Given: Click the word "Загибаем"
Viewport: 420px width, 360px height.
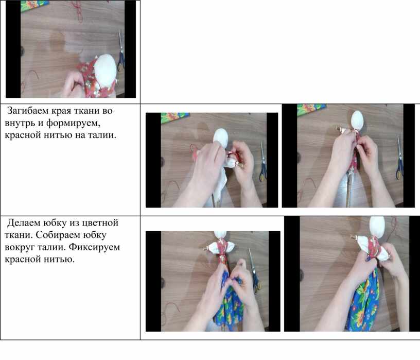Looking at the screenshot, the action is (x=28, y=110).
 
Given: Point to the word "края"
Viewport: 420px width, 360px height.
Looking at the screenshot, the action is (x=61, y=111).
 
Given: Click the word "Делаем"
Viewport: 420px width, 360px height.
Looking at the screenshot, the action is (x=24, y=222).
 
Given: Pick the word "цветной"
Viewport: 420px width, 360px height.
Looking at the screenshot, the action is (x=100, y=223).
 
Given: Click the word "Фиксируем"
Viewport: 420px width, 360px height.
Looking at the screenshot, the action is (x=94, y=247).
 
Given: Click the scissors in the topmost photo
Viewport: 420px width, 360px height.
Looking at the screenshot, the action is (x=121, y=51).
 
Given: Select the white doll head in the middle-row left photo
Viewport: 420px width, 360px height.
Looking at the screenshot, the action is (x=221, y=136).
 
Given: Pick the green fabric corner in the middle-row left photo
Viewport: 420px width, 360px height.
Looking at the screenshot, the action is (x=175, y=117).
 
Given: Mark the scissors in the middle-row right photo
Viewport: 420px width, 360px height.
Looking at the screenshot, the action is (x=399, y=158).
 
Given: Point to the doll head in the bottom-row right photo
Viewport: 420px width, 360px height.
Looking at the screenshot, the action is (x=377, y=227).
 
